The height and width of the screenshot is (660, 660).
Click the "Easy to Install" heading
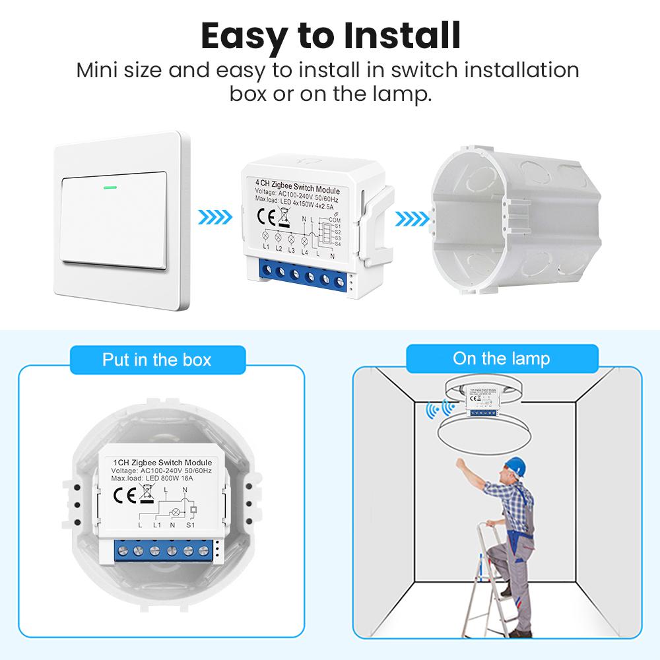click(x=330, y=36)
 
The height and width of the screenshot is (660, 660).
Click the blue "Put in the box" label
click(x=156, y=360)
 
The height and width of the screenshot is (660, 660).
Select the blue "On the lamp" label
click(x=501, y=358)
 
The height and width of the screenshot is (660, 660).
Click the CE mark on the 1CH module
click(x=125, y=494)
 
